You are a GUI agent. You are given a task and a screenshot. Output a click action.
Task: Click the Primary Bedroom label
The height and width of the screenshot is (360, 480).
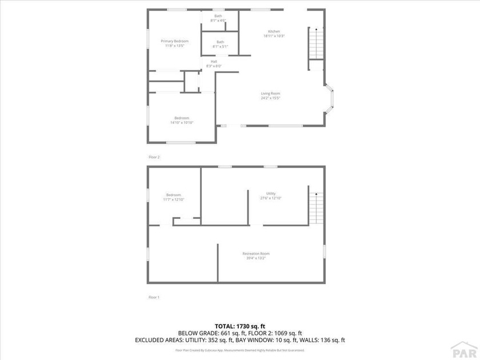(x=174, y=41)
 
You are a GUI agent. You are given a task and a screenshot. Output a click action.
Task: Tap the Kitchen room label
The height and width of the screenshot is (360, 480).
(x=274, y=31)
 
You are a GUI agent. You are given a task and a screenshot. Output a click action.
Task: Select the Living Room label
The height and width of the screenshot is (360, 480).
(x=271, y=93)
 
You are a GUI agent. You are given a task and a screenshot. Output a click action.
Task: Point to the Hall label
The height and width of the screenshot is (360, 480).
(x=214, y=61)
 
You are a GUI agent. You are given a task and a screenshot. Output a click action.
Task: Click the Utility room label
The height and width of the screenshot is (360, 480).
(x=271, y=194)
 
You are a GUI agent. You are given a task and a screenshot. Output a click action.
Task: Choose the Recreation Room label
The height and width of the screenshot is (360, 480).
(x=256, y=253)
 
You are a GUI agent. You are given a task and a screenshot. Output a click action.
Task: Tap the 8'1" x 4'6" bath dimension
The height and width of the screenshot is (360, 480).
(x=218, y=21)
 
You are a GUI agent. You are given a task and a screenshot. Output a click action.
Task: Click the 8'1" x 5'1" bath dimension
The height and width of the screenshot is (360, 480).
(x=220, y=46)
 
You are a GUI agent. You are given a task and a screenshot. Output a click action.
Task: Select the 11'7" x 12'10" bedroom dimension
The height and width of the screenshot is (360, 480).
(x=173, y=199)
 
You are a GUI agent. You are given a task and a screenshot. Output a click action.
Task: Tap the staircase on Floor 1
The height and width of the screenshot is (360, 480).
(x=316, y=208)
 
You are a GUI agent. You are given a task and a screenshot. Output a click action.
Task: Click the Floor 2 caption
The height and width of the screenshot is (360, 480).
(x=154, y=157)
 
